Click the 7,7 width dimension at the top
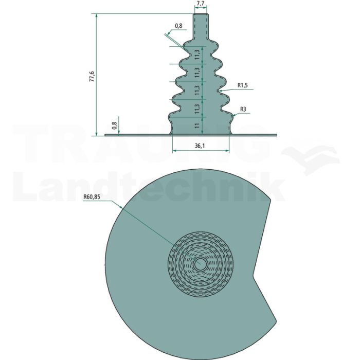(x=201, y=4)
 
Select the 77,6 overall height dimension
(x=92, y=77)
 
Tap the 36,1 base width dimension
(x=200, y=146)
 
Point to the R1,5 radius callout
(x=242, y=85)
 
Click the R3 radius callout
(x=243, y=109)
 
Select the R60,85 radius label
(x=92, y=197)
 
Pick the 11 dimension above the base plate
(x=197, y=125)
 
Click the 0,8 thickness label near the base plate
(x=115, y=126)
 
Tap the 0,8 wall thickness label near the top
(x=178, y=26)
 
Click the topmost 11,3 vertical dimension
(x=197, y=55)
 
